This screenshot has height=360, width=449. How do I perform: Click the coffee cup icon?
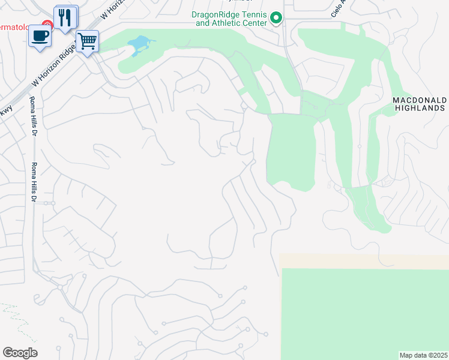pos(40,35)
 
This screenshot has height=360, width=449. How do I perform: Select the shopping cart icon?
pos(87,42)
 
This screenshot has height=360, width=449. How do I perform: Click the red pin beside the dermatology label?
pos(49,25)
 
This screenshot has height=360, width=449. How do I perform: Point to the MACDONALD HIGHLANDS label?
pos(420,104)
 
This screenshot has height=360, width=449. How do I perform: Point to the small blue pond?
pos(139,44)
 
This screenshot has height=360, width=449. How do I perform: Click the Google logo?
pos(20,353)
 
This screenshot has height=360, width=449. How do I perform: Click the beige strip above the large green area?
pos(364,261)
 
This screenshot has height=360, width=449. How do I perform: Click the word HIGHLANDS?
pos(420,109)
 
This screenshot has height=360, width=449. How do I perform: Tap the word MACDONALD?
pos(420,100)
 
